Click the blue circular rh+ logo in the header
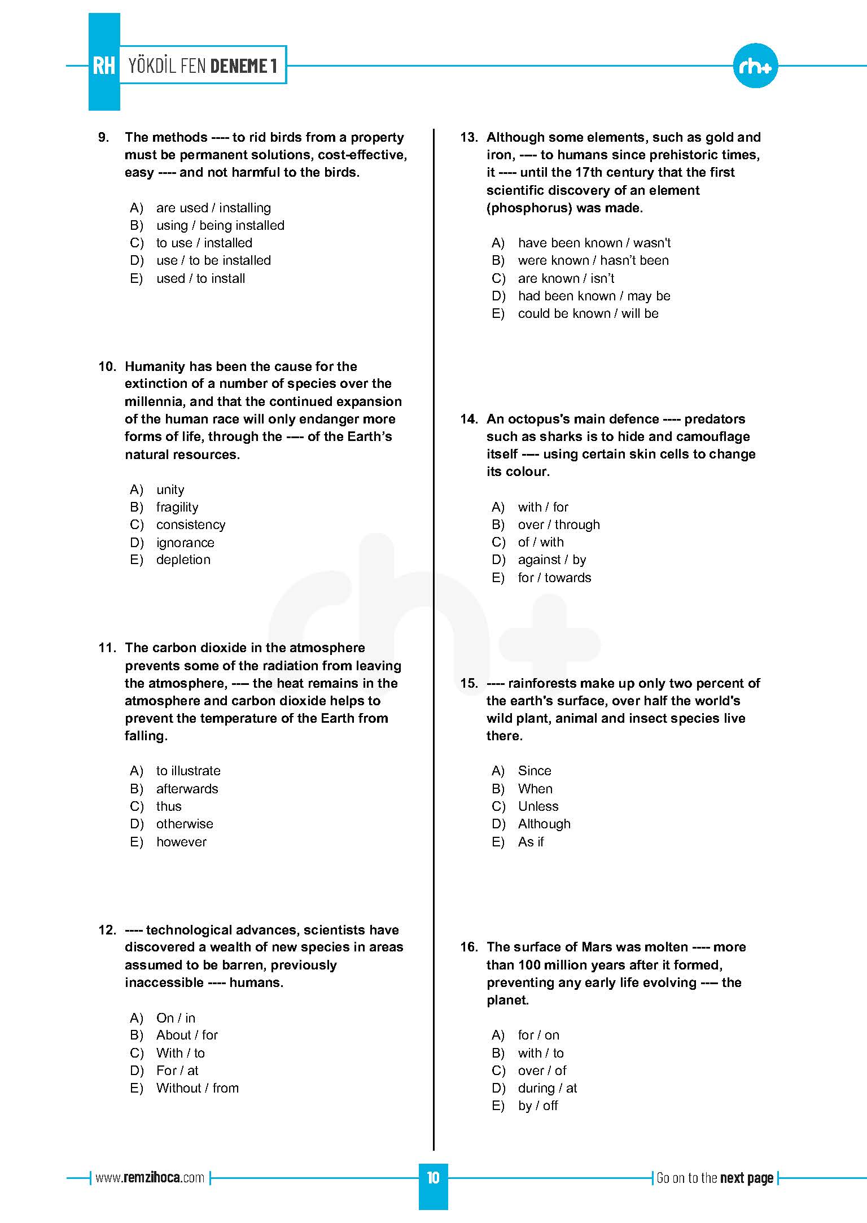click(755, 67)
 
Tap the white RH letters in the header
click(104, 65)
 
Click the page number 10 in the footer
click(433, 1178)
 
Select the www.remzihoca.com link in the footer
click(150, 1178)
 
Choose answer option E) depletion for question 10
click(183, 560)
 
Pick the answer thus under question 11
click(169, 806)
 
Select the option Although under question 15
click(544, 824)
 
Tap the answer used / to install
click(200, 278)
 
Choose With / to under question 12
click(180, 1053)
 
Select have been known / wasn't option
click(594, 243)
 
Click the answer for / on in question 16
click(538, 1035)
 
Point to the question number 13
click(468, 137)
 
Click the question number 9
click(104, 137)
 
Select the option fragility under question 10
click(177, 507)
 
